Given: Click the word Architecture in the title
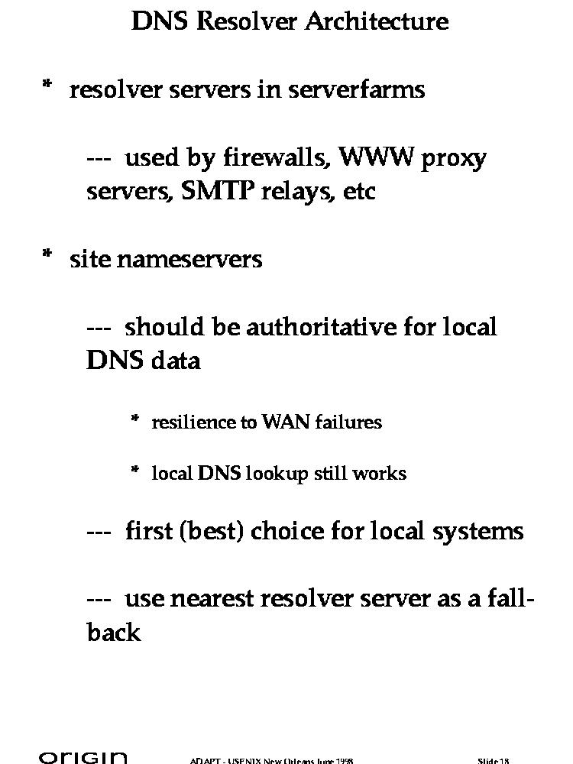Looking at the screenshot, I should [x=377, y=21].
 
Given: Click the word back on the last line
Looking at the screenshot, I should [x=114, y=633].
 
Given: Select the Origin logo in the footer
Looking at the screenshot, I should [x=83, y=758].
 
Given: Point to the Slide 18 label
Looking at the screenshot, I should [x=494, y=760].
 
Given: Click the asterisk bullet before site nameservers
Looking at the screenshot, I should [x=47, y=257].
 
